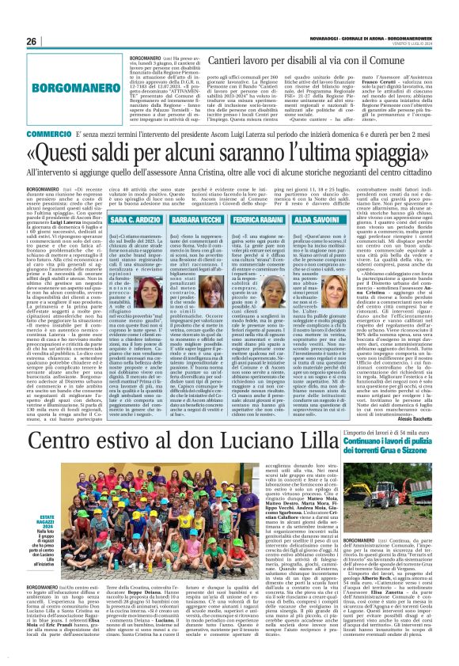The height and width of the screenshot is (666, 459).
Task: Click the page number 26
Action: click(32, 40)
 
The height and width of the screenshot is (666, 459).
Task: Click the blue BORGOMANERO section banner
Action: click(67, 101)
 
